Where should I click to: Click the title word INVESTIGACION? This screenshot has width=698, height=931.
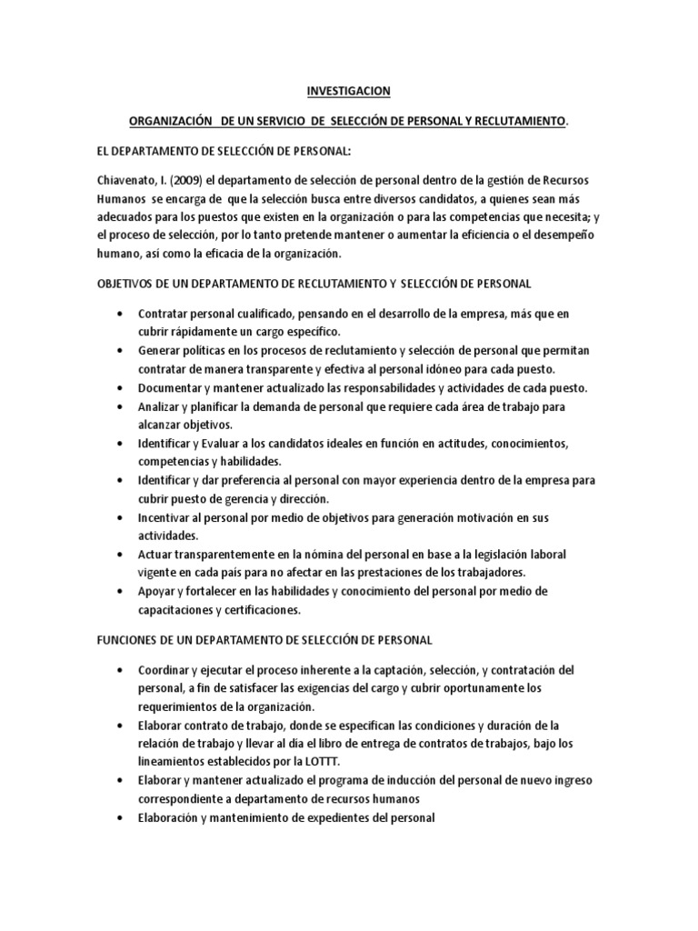(x=348, y=91)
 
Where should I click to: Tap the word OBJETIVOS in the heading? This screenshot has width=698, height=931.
(x=126, y=284)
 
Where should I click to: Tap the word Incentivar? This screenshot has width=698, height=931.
(x=168, y=517)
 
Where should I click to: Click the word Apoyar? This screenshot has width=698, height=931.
(x=158, y=591)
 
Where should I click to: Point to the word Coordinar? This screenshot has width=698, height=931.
(x=166, y=670)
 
